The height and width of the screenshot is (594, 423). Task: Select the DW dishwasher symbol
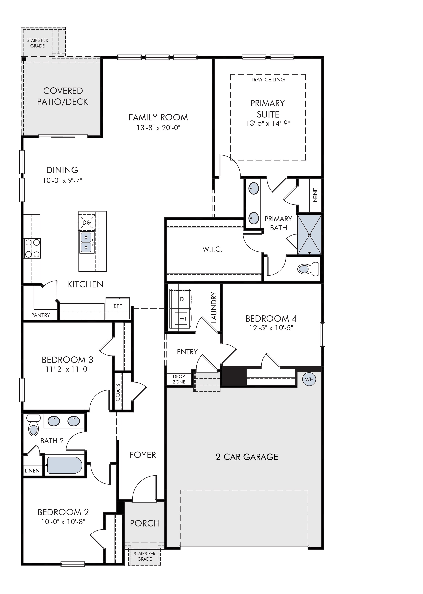87,222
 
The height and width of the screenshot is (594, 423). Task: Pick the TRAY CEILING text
268,80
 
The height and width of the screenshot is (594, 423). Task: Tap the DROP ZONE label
179,379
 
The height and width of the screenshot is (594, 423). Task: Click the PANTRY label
41,315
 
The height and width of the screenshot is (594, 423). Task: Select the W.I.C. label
212,249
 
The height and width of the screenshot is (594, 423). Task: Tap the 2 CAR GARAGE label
247,457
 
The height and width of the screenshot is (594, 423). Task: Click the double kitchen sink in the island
86,242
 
